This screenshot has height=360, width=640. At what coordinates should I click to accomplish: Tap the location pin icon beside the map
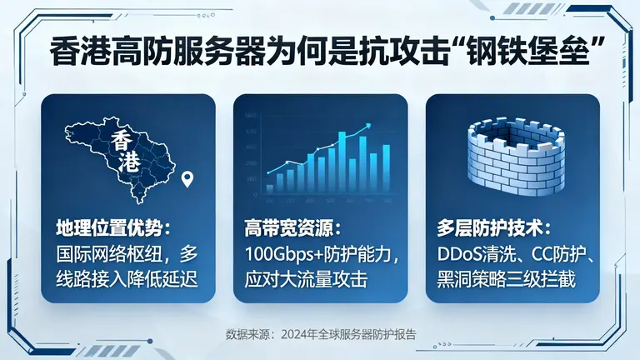tap(188, 179)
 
